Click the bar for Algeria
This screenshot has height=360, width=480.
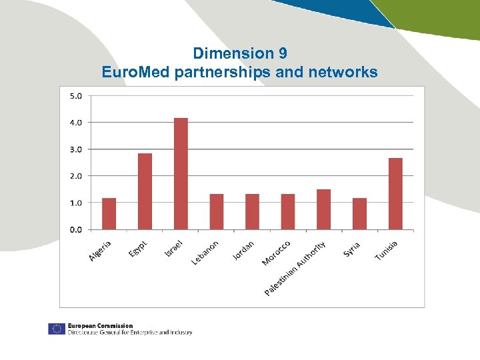[x=109, y=214]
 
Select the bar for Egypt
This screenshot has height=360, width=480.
[x=145, y=192]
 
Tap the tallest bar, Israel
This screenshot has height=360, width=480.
[x=181, y=174]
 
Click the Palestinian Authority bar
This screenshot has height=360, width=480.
[x=323, y=209]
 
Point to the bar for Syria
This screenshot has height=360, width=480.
[x=359, y=214]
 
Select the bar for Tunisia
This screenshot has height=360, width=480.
[x=395, y=194]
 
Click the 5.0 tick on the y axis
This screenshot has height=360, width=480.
[x=75, y=95]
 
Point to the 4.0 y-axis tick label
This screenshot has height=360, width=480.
[x=75, y=122]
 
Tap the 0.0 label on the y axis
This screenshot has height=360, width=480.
[x=75, y=229]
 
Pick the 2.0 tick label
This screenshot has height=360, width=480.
[x=75, y=176]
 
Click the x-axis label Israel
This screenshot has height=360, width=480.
[x=174, y=249]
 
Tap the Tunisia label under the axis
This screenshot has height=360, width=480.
[x=386, y=251]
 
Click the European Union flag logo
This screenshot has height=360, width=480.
[x=56, y=329]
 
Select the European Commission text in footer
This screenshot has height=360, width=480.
[x=100, y=326]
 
